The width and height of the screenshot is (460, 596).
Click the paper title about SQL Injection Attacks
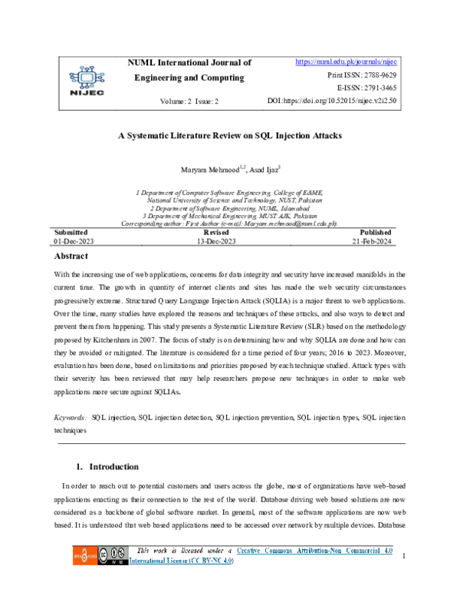pos(229,134)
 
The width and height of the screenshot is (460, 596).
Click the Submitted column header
pos(71,232)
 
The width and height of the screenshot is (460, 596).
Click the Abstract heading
pos(71,256)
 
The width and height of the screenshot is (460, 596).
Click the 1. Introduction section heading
pos(107,466)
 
